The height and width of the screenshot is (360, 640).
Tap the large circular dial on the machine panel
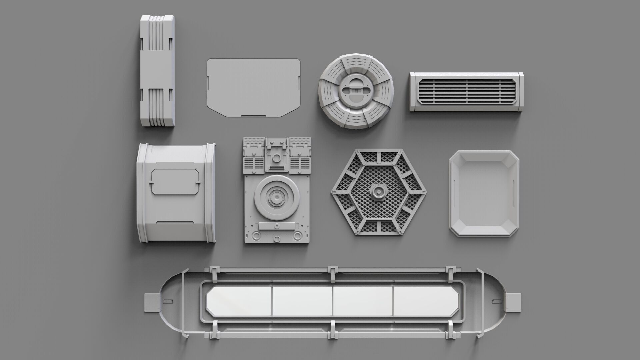[277, 199]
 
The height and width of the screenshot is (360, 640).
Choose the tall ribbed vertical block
[157, 70]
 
